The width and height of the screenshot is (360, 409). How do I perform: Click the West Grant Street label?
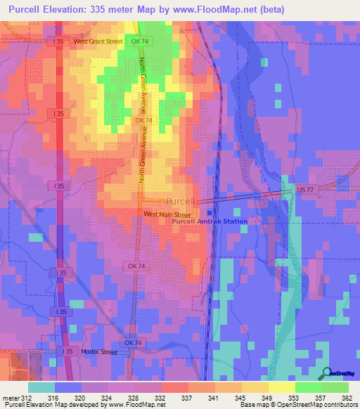[98, 41]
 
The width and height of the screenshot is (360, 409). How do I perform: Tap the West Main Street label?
[167, 214]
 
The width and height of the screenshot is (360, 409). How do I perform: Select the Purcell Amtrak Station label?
[210, 221]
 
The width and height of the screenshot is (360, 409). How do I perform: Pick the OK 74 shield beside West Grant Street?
[143, 41]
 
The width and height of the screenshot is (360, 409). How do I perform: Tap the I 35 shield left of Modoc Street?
[67, 351]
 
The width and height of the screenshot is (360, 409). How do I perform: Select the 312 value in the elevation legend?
[25, 397]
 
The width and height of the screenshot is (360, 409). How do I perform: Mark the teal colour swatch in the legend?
[41, 387]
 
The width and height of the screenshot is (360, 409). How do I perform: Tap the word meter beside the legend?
[9, 397]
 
